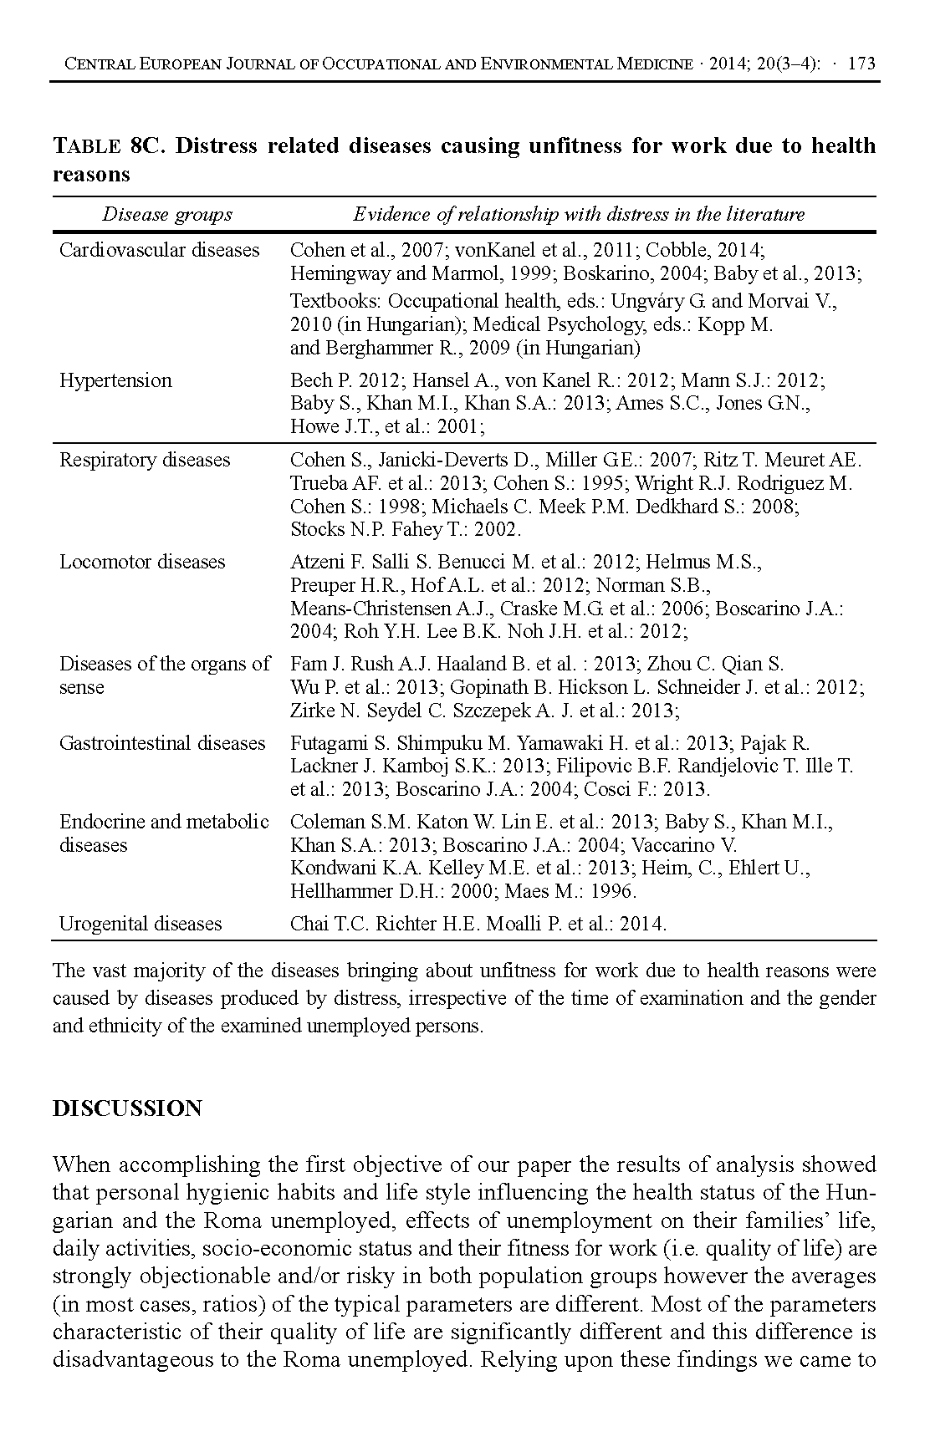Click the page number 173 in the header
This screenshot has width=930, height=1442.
861,64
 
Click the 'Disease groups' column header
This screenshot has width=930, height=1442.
167,215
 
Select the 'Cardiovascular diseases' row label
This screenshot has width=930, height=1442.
160,250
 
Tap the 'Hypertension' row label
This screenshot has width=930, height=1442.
115,380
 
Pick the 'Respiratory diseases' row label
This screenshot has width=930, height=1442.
145,460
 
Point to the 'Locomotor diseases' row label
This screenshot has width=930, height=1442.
142,562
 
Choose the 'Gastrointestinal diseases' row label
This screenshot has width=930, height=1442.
162,743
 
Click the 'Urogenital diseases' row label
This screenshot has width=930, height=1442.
141,924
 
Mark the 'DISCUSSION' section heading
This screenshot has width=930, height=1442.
127,1108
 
